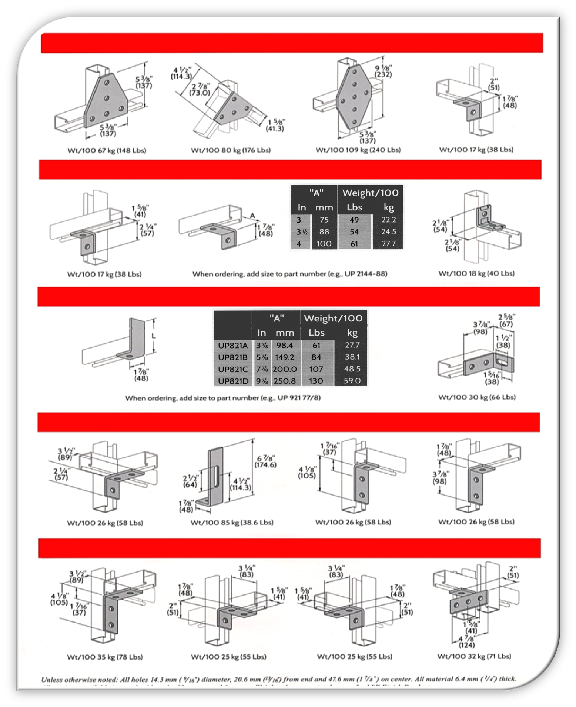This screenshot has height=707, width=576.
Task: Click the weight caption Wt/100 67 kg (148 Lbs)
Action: (107, 150)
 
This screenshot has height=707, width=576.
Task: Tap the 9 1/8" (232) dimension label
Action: (383, 71)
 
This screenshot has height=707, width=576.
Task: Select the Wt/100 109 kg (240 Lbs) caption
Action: (358, 150)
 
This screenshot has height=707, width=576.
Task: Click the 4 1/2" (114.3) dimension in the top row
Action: (181, 73)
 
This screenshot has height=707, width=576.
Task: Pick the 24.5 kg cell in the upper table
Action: (388, 231)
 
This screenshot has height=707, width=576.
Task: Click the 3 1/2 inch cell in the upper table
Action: (302, 231)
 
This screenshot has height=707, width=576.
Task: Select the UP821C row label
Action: (233, 369)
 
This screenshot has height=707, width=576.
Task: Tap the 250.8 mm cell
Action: (285, 381)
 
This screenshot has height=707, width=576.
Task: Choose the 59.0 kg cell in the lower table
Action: (352, 381)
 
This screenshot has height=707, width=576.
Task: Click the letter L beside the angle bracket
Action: (154, 336)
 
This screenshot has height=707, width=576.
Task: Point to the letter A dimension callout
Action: (252, 216)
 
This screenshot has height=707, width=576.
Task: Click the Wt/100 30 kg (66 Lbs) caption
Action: (477, 397)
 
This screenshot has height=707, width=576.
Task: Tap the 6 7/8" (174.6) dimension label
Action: (265, 461)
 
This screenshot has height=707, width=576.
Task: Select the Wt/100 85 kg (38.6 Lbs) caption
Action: (232, 523)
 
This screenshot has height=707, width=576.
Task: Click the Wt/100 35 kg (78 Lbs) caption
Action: (105, 657)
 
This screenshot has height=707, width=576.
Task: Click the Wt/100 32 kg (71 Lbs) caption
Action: (474, 656)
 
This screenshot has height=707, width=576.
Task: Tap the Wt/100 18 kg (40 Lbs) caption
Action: (476, 273)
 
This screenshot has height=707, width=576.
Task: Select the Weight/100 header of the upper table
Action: (370, 193)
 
